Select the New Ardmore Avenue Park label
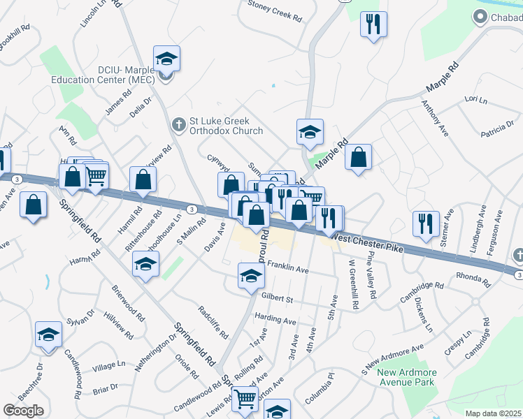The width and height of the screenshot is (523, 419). [x=406, y=377]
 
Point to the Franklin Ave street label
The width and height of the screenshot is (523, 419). [x=287, y=269]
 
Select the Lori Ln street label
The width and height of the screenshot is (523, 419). [x=475, y=100]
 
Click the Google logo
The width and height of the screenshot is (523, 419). [x=23, y=411]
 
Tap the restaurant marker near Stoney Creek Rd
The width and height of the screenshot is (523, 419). [x=373, y=24]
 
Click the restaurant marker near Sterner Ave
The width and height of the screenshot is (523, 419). [x=426, y=224]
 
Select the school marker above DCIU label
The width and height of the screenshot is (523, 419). [x=166, y=59]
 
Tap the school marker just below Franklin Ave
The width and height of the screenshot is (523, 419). [x=251, y=276]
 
